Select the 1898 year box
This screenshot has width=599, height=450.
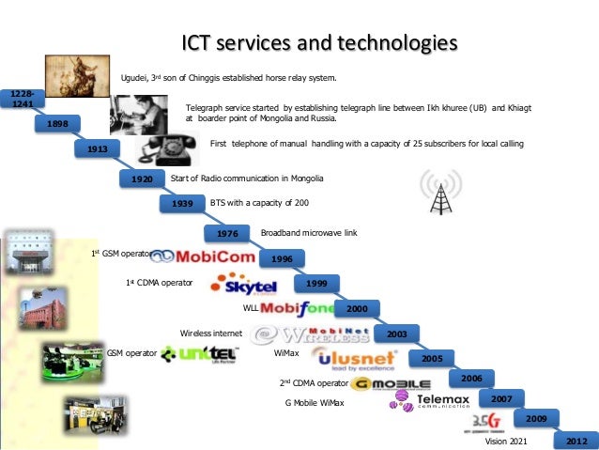(57, 124)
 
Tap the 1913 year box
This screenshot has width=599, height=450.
(98, 149)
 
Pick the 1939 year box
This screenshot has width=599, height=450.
(182, 203)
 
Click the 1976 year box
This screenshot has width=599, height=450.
(227, 232)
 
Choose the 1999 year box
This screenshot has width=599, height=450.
(316, 283)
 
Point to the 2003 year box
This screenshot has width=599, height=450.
(396, 333)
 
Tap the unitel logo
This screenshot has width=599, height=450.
(199, 354)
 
